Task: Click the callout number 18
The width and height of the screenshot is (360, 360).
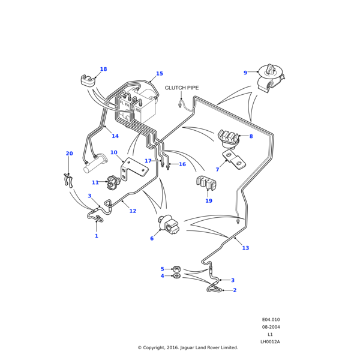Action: [x=103, y=70]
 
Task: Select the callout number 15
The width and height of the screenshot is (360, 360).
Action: [x=159, y=74]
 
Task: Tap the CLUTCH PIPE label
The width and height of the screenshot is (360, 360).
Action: [x=181, y=88]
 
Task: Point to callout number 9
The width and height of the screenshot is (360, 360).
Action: [x=245, y=73]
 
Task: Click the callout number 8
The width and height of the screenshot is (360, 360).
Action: [x=251, y=137]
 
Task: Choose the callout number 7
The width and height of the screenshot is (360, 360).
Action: [x=217, y=170]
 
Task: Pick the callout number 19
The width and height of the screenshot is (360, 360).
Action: [x=209, y=201]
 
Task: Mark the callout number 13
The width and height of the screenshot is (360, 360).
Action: [x=245, y=248]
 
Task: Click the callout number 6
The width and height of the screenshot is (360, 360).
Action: [x=152, y=238]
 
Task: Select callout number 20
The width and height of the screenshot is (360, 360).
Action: [x=69, y=154]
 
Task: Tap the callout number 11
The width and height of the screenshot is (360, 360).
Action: [x=95, y=182]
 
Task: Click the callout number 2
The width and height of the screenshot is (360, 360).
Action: [x=234, y=290]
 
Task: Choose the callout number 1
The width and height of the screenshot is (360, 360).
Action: [x=96, y=236]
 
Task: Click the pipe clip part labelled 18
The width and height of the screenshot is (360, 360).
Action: [x=89, y=80]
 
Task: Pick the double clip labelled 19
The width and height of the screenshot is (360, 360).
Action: [x=205, y=185]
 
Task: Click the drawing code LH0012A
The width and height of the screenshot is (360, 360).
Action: [x=270, y=342]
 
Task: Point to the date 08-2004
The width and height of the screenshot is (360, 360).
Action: [x=271, y=327]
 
